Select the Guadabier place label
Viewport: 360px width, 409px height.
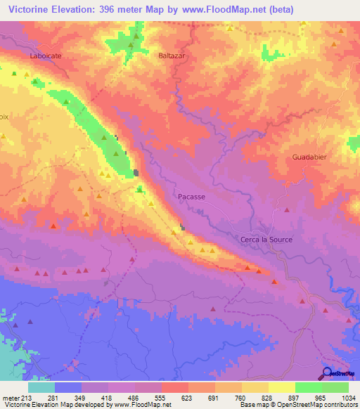tap(309, 158)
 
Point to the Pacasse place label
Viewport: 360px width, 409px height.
tap(191, 197)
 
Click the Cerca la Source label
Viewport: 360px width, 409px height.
tap(266, 240)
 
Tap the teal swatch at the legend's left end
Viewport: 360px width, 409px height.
tap(41, 387)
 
